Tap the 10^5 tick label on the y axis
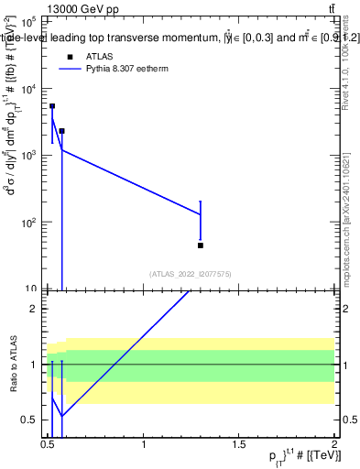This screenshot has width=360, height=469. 28,21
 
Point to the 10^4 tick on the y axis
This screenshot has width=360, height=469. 28,88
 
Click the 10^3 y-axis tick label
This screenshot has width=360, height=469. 28,155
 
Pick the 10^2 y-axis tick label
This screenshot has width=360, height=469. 28,222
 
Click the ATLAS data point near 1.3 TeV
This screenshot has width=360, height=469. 201,245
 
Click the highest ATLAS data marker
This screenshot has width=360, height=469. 52,106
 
